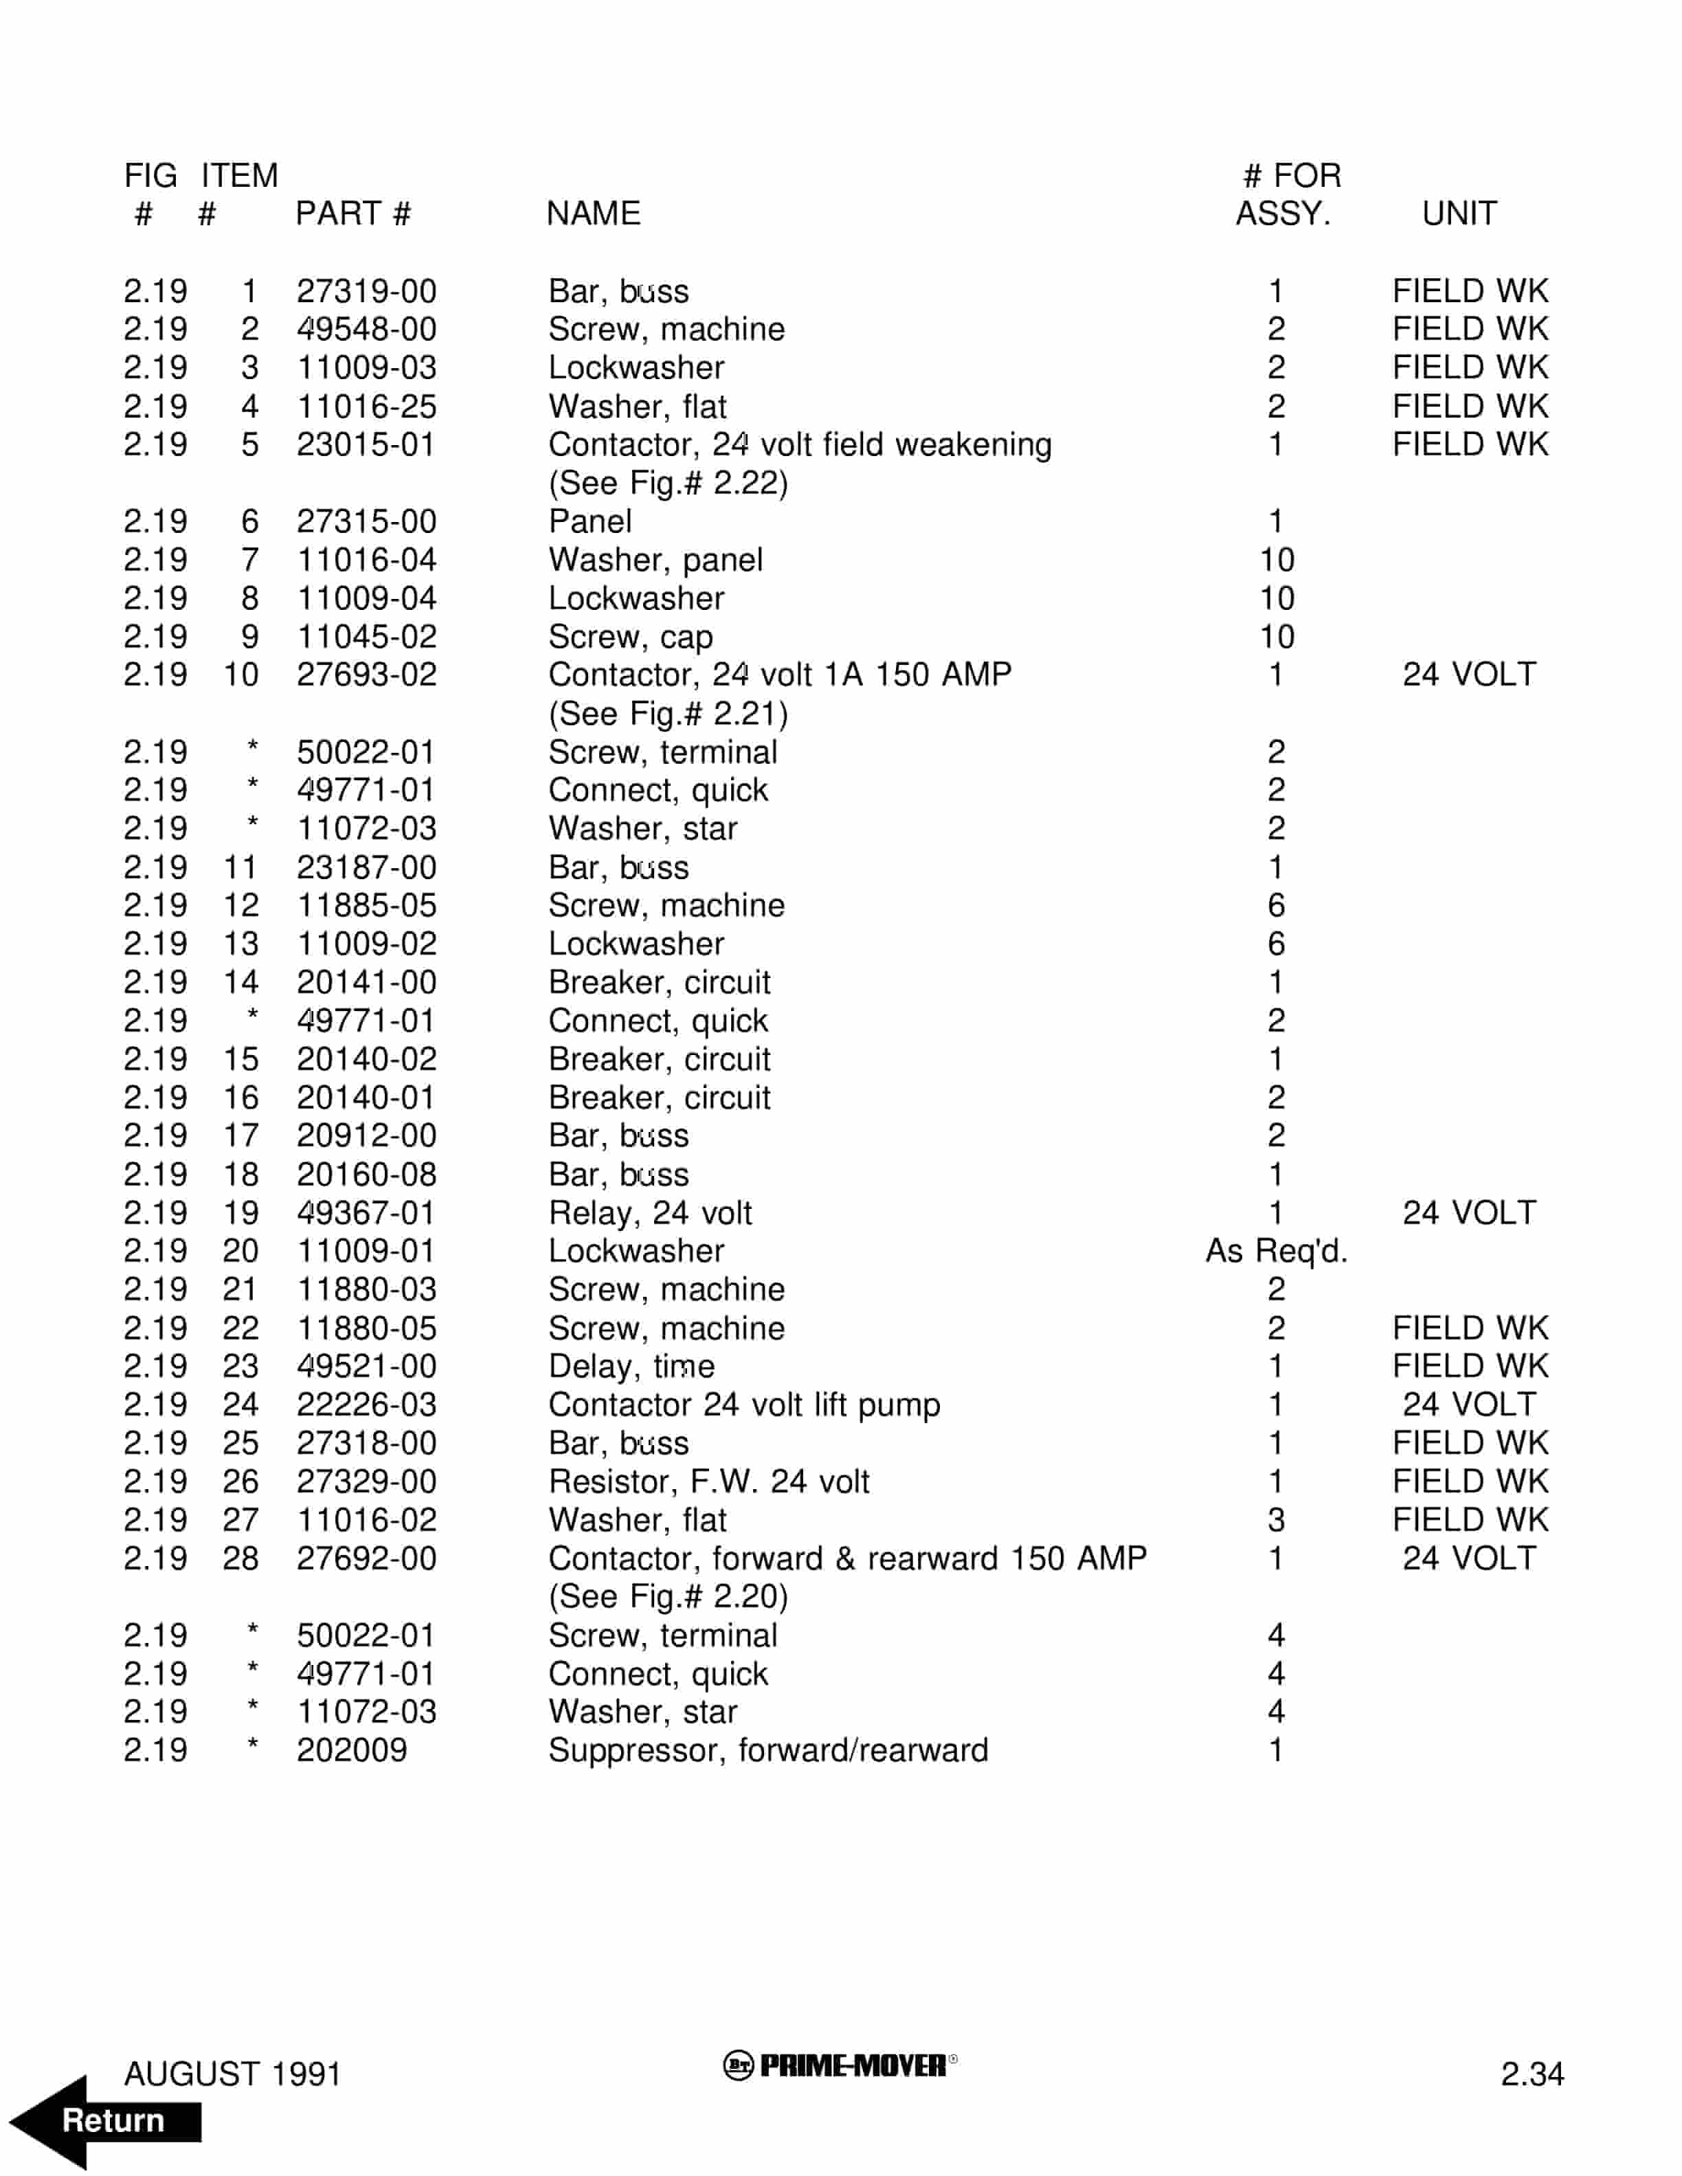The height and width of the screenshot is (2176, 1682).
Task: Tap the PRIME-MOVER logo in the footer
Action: pyautogui.click(x=840, y=2065)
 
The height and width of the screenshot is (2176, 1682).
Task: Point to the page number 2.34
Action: pyautogui.click(x=1532, y=2074)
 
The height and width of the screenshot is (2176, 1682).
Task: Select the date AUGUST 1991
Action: pyautogui.click(x=232, y=2074)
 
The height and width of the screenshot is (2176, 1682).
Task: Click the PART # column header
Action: pyautogui.click(x=352, y=213)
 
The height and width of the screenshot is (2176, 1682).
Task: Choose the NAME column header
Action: pyautogui.click(x=593, y=213)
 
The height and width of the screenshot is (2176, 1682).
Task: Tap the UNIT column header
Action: pyautogui.click(x=1459, y=213)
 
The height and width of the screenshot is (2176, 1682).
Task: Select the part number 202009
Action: pyautogui.click(x=352, y=1751)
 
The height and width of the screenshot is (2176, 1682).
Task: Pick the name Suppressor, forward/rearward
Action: pyautogui.click(x=768, y=1751)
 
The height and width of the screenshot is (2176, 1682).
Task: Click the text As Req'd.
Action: pyautogui.click(x=1277, y=1251)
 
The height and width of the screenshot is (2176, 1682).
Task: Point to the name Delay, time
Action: pyautogui.click(x=631, y=1366)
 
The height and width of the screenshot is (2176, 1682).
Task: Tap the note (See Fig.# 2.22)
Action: pyautogui.click(x=668, y=484)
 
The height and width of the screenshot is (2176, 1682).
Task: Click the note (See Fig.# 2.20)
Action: pyautogui.click(x=668, y=1597)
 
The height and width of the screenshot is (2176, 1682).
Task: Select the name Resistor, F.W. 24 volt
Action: pyautogui.click(x=708, y=1482)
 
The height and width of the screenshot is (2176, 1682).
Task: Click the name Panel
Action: pyautogui.click(x=590, y=521)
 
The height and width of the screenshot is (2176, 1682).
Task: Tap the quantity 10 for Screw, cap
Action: pyautogui.click(x=1277, y=637)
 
